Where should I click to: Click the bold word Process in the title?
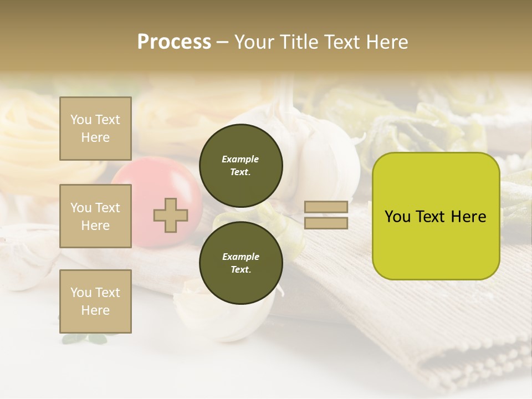174,42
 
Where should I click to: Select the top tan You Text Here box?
95,129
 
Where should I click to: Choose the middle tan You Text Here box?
95,216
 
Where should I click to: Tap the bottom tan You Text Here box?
95,301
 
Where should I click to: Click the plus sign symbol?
171,215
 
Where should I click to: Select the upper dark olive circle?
241,166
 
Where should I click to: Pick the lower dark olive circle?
241,263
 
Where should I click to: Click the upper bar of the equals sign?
326,207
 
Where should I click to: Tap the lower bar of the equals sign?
326,223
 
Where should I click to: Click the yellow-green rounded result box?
436,244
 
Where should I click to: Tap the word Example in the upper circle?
240,159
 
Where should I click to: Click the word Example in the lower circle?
241,257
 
